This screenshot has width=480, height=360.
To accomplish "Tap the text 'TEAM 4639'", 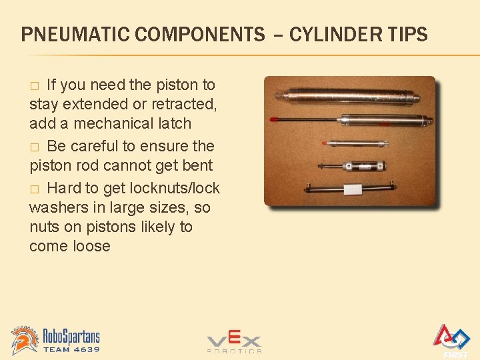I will (71, 349).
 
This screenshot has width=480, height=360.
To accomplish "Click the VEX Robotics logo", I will (234, 342).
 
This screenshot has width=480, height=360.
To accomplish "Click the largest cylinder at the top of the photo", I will (347, 97).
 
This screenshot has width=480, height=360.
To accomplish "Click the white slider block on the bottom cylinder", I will (353, 189).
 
